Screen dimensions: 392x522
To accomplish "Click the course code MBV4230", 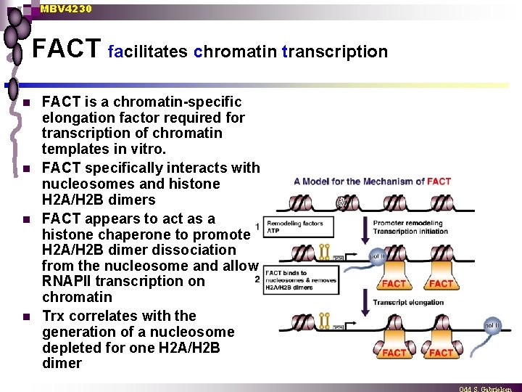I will [66, 9].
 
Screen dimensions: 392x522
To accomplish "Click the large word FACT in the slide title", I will [67, 49].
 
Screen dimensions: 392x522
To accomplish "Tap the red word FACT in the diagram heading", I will [439, 181].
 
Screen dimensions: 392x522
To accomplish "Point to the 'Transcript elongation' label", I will [408, 303].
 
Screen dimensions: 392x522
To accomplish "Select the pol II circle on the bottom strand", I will [492, 326].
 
